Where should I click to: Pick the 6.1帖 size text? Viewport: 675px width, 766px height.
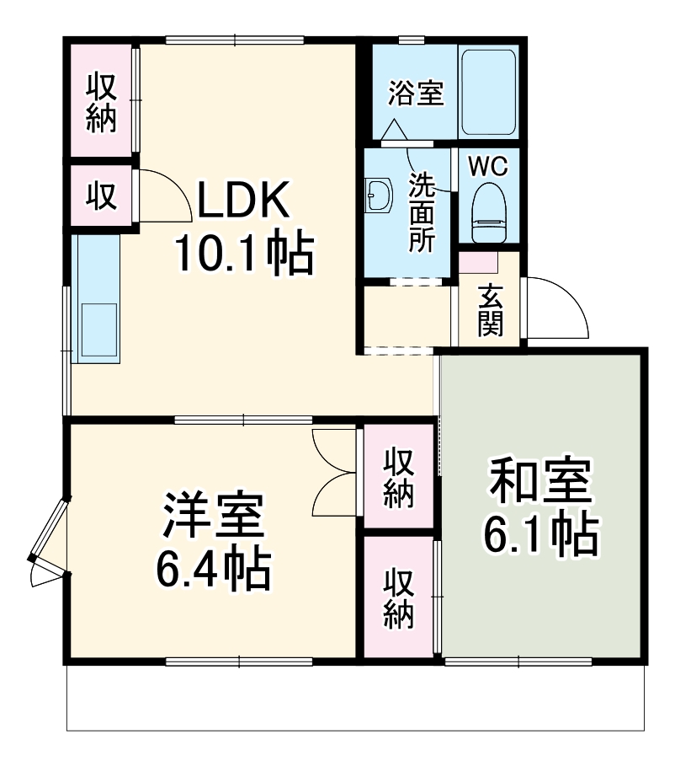542,533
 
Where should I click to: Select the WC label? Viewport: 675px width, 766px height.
488,166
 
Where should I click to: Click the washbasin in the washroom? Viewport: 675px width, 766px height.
378,197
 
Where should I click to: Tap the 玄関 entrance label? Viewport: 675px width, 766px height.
491,311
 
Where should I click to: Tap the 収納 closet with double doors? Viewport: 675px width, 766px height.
399,479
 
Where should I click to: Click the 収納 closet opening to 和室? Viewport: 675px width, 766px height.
399,599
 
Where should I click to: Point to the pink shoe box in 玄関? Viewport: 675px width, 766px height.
479,262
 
